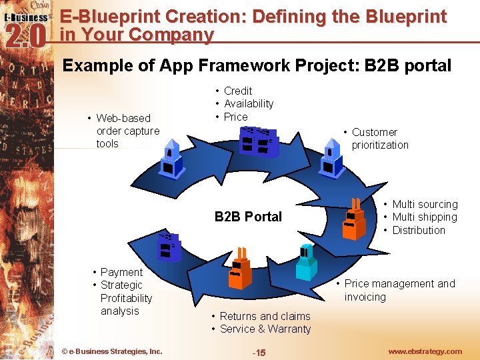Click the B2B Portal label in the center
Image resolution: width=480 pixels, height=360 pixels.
coord(248,217)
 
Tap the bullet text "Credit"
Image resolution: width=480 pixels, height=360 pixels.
coord(238,91)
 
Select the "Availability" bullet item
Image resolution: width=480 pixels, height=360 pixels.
coord(249,103)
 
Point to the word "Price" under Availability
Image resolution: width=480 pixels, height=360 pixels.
coord(236,117)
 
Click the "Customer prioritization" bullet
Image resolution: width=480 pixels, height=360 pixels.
coord(380,139)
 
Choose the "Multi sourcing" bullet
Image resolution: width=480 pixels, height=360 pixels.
coord(425,205)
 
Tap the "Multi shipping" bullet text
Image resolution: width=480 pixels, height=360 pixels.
coord(425,217)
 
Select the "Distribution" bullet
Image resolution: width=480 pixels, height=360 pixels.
coord(419,230)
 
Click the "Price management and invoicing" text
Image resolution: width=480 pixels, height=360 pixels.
coord(399,290)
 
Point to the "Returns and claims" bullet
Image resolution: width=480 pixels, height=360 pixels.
coord(265,316)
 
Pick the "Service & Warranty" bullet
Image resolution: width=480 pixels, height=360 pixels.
coord(265,329)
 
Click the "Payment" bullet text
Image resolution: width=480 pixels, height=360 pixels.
coord(121,272)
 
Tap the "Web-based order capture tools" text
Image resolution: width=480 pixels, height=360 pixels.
coord(127,131)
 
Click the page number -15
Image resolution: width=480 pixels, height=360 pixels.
coord(258,352)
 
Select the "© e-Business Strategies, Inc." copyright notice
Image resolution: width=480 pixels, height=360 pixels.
coord(111,351)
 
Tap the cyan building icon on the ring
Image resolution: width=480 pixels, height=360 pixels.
coord(307,263)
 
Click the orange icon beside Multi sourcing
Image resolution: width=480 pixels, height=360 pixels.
coord(354,219)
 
